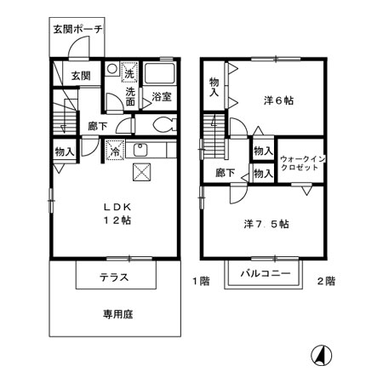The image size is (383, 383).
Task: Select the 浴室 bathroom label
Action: point(162,96)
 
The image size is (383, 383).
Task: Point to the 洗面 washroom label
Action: point(132,96)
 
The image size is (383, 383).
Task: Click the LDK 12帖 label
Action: point(118,213)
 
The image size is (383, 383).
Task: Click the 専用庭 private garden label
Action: point(118,314)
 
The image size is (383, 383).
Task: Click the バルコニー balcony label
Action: point(265,274)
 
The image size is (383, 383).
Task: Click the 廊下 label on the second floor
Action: point(225,173)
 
